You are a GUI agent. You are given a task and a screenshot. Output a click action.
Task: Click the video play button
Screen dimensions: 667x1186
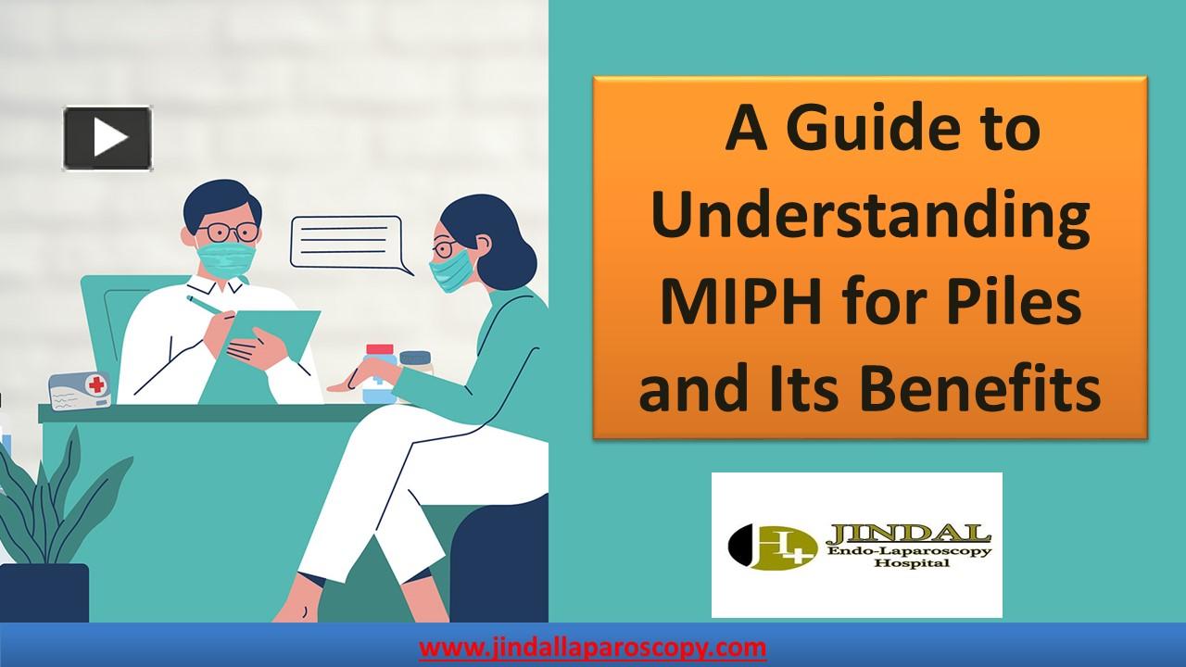(107, 139)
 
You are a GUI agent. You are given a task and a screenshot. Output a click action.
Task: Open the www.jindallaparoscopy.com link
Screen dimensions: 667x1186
(593, 647)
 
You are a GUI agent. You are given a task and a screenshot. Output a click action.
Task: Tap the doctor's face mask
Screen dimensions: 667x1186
(227, 258)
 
